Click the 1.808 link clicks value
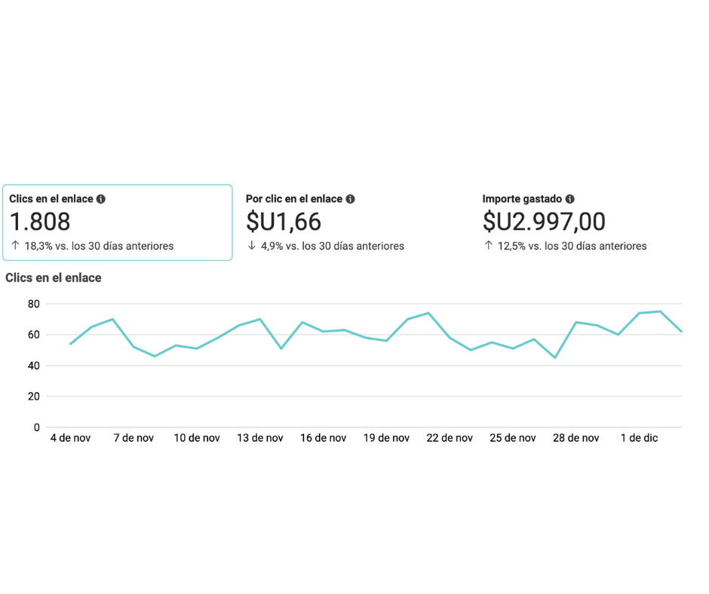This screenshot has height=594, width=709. pyautogui.click(x=40, y=222)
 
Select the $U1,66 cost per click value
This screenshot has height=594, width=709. pyautogui.click(x=284, y=222)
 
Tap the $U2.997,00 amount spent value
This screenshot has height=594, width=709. pyautogui.click(x=544, y=222)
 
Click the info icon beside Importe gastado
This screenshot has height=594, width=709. pyautogui.click(x=570, y=199)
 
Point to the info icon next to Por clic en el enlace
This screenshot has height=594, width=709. pyautogui.click(x=351, y=199)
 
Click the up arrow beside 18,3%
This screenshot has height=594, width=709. pyautogui.click(x=15, y=246)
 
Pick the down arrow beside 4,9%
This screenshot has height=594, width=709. pyautogui.click(x=252, y=246)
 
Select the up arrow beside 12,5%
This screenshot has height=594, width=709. pyautogui.click(x=489, y=246)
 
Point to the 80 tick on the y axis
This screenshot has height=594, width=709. pyautogui.click(x=33, y=304)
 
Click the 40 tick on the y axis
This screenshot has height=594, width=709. pyautogui.click(x=33, y=366)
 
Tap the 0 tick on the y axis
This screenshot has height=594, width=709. pyautogui.click(x=36, y=427)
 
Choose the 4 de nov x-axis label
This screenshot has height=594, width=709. pyautogui.click(x=70, y=438)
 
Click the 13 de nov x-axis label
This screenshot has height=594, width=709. pyautogui.click(x=259, y=438)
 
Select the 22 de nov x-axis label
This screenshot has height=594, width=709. pyautogui.click(x=449, y=438)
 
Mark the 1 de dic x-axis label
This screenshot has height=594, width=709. pyautogui.click(x=639, y=438)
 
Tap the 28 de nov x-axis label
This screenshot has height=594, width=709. pyautogui.click(x=575, y=438)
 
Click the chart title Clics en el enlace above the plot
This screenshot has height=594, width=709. pyautogui.click(x=54, y=277)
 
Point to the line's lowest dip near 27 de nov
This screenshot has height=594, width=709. pyautogui.click(x=555, y=357)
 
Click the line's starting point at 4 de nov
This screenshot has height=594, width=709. pyautogui.click(x=70, y=344)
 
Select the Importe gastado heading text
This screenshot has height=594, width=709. pyautogui.click(x=522, y=199)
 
